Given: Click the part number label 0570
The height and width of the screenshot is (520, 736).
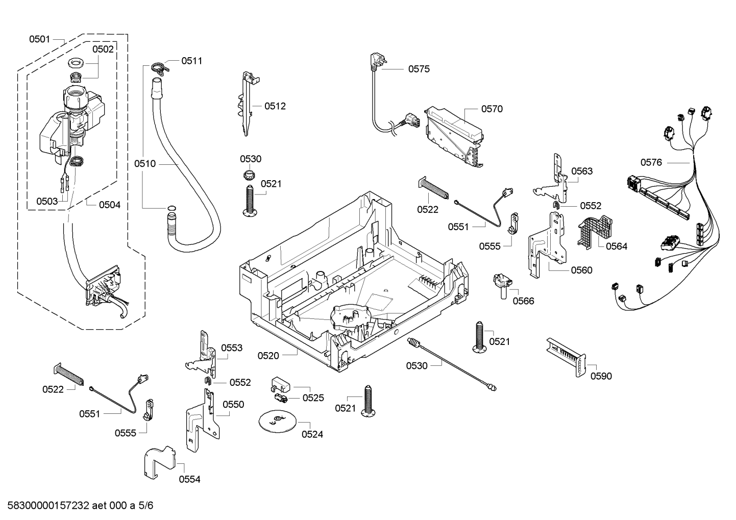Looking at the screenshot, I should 492,109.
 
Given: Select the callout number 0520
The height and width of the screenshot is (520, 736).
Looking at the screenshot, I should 268,356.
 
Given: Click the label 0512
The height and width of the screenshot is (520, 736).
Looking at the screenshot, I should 275,106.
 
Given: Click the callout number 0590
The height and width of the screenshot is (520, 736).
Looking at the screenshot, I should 601,376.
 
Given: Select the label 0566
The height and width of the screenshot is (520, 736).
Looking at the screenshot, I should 523,301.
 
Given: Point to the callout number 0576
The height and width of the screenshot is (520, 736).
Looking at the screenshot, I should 651,162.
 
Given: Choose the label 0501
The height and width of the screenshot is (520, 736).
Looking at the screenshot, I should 39,39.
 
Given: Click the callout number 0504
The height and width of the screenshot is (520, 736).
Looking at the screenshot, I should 110,205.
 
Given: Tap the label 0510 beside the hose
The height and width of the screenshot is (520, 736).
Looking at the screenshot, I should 145,164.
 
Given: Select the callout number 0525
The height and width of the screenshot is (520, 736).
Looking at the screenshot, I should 313,398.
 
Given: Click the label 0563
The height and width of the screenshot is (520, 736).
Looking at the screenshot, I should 582,171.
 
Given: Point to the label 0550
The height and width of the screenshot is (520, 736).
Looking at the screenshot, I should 233,405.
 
